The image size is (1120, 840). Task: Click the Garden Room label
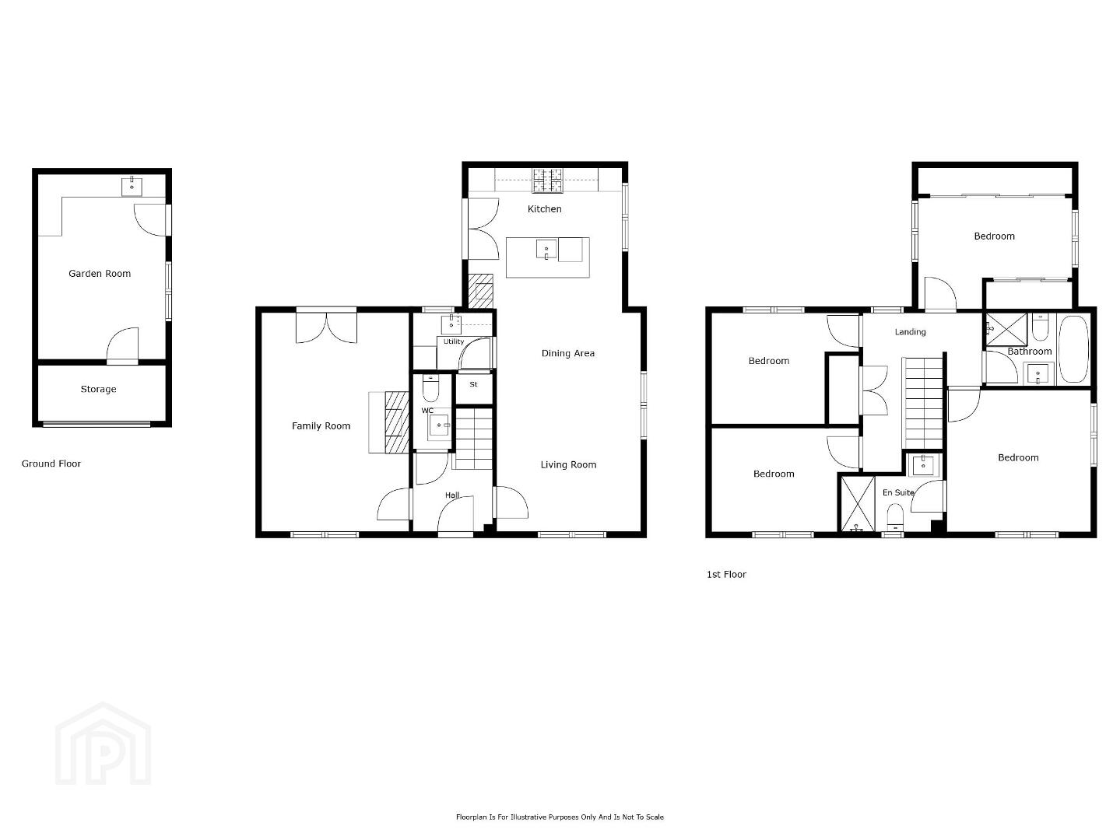[100, 274]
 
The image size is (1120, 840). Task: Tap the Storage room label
[99, 390]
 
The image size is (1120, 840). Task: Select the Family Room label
[321, 426]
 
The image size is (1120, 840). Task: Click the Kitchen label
[545, 209]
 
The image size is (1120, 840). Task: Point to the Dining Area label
[568, 353]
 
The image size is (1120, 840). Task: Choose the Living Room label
[568, 465]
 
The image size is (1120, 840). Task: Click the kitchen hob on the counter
[548, 181]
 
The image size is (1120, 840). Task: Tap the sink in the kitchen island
[546, 249]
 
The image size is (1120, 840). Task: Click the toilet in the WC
[431, 388]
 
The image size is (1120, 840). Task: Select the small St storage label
[473, 384]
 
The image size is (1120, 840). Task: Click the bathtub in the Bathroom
[1073, 349]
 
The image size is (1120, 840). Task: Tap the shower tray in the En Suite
[858, 503]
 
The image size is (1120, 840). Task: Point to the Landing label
[911, 332]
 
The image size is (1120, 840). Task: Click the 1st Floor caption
[726, 575]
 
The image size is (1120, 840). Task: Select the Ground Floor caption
[51, 464]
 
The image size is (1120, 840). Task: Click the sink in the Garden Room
[132, 187]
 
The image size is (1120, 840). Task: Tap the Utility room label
[454, 341]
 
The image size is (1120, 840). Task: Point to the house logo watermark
[103, 744]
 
